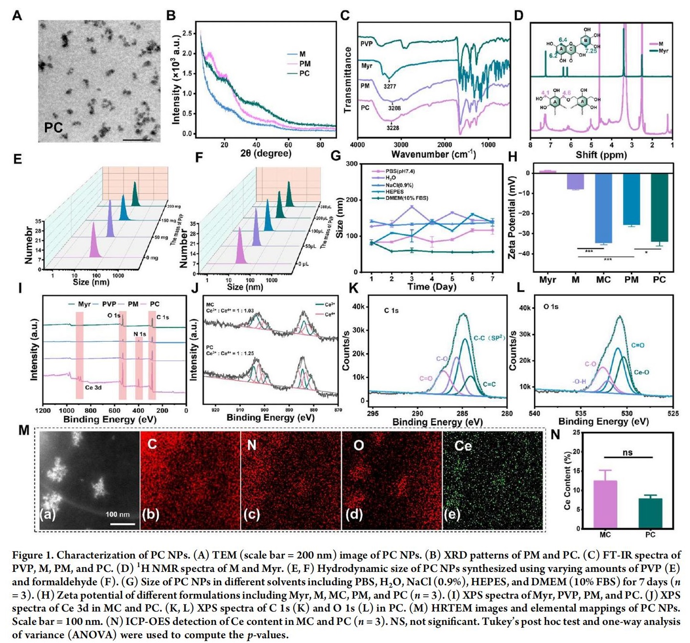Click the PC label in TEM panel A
point(53,127)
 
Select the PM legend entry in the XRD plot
point(305,63)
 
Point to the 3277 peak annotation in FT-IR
point(390,86)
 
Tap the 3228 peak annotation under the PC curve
point(393,128)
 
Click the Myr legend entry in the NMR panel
point(663,51)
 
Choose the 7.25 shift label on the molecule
point(591,51)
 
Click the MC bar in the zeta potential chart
point(604,208)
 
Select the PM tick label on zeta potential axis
point(631,280)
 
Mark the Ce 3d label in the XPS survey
point(93,388)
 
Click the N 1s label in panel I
point(139,334)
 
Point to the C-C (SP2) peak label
point(489,338)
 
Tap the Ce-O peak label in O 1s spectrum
point(641,372)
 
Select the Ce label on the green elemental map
point(463,446)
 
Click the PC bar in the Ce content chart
point(650,513)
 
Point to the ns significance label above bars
point(627,453)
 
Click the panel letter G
point(336,156)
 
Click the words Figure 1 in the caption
point(32,555)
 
